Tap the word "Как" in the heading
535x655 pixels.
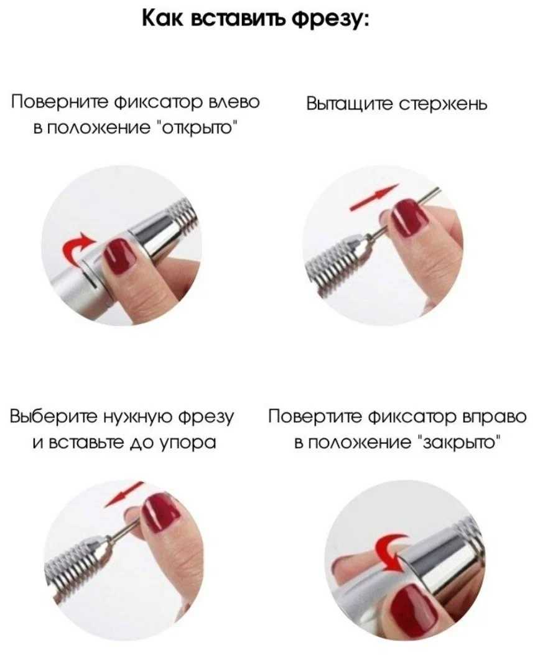[x=162, y=19]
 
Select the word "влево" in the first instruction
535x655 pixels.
[x=234, y=102]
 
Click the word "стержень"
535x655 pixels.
[x=443, y=104]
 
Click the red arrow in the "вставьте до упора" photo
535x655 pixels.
[x=125, y=494]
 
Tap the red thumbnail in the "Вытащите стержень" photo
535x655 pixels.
[x=411, y=216]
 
